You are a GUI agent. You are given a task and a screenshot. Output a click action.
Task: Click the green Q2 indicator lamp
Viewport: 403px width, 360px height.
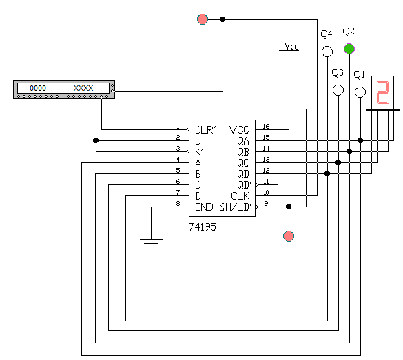coord(349,49)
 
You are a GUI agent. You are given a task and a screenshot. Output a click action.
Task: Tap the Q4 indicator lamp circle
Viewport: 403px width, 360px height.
coord(327,52)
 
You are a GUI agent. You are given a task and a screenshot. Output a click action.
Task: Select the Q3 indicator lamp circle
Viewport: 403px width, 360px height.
coord(338,90)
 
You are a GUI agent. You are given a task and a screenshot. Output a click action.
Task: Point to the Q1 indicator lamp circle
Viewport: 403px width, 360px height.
coord(360,92)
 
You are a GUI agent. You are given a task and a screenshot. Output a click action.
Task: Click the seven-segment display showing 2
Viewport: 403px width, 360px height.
coord(383,92)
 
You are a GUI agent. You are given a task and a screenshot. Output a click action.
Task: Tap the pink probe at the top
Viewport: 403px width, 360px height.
coord(203,19)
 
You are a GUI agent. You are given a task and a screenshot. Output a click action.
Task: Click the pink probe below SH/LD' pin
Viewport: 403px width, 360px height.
coord(289,236)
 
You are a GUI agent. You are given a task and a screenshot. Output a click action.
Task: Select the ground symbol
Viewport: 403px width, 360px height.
coord(151,244)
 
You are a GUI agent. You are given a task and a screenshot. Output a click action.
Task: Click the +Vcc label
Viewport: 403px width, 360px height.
coord(289,47)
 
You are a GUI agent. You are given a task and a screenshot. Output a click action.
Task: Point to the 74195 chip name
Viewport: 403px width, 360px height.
coord(203,227)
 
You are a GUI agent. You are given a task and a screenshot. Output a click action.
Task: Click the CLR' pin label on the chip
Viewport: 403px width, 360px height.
coord(205,130)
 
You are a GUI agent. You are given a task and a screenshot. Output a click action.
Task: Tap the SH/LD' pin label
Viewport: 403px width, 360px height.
coord(236,207)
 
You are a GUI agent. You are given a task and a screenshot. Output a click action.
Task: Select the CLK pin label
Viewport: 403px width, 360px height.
coord(240,196)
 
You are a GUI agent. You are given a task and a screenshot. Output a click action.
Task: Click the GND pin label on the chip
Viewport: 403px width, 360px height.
coord(204,207)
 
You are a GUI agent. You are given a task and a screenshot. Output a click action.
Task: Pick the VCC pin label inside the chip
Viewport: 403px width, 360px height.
coord(239,130)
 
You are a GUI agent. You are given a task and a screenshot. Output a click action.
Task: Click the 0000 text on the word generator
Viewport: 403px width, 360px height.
coord(38,88)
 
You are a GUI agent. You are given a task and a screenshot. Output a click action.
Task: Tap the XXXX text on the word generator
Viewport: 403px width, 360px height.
coord(83,88)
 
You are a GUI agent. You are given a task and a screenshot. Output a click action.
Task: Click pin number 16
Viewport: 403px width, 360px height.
coord(266,127)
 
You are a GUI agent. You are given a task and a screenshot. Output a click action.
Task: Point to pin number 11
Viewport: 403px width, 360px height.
coord(266,182)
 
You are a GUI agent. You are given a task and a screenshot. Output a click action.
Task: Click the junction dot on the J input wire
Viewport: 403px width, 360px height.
coord(96,140)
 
